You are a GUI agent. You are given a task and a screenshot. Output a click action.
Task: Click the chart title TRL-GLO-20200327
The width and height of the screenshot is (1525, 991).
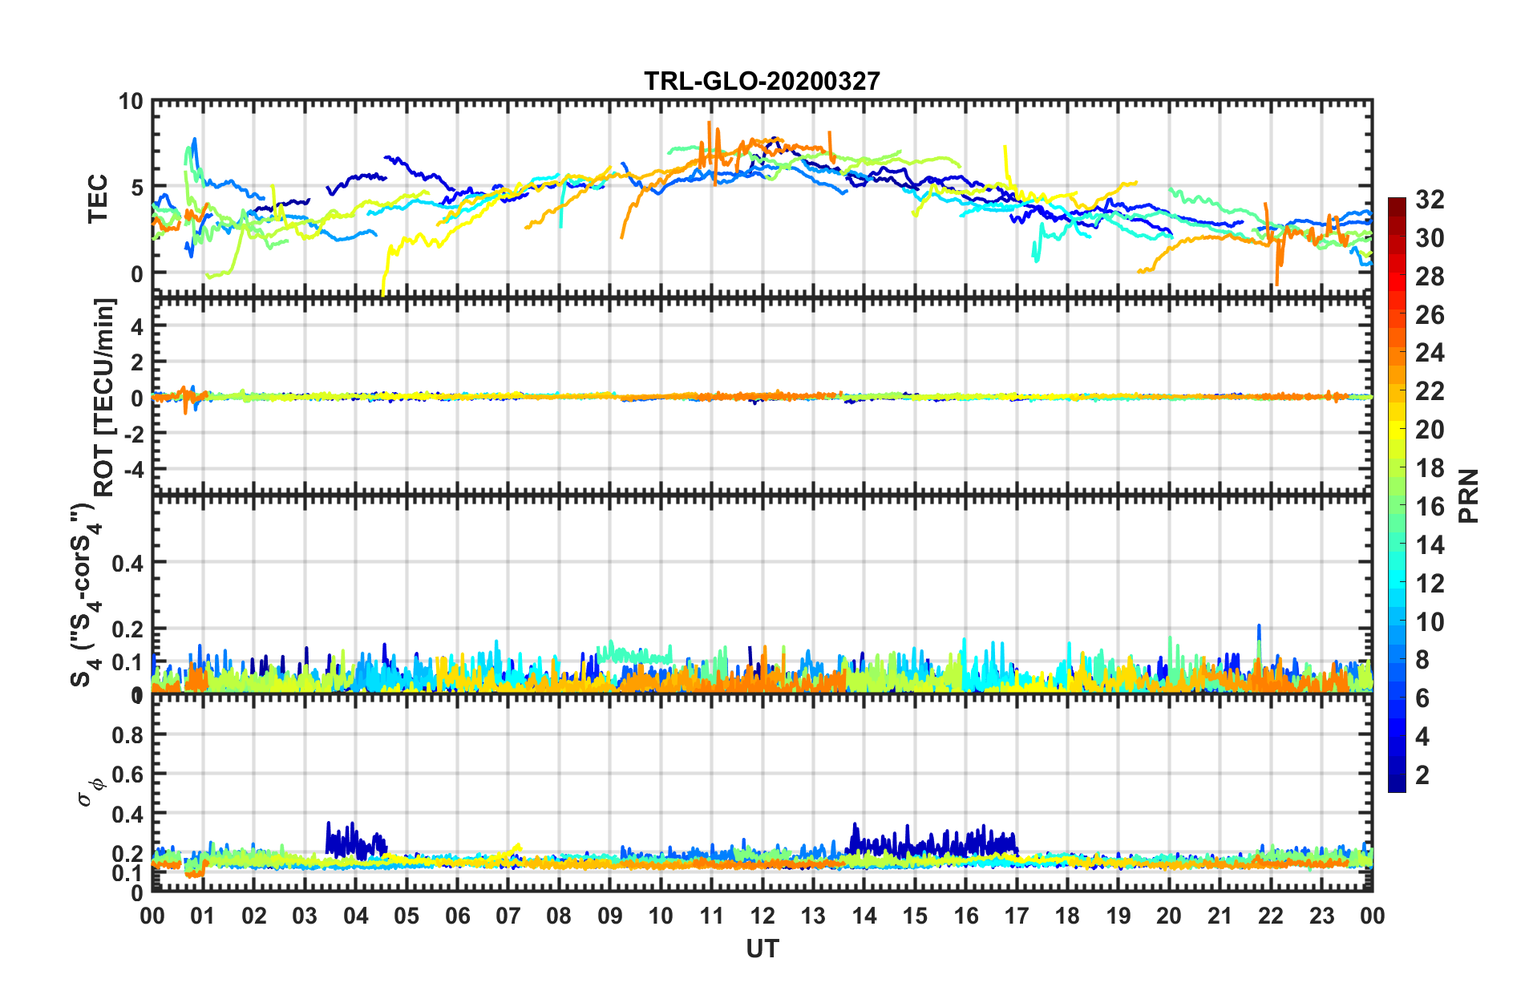(x=762, y=81)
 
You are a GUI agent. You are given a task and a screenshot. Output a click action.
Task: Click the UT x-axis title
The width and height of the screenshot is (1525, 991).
(x=762, y=949)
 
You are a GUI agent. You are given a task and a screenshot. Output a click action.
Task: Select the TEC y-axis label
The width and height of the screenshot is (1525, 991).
(x=98, y=199)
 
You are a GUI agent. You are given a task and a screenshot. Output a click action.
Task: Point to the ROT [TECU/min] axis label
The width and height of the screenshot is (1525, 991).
(x=105, y=397)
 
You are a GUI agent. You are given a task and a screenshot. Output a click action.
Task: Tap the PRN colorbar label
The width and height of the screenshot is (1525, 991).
(x=1469, y=496)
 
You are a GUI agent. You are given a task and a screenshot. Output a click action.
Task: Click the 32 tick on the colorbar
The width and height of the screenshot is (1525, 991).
(x=1430, y=200)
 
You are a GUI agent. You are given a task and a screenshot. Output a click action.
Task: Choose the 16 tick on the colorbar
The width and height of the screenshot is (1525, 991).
(x=1430, y=507)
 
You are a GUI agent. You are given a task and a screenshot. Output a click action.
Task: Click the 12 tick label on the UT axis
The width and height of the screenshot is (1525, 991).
(x=762, y=916)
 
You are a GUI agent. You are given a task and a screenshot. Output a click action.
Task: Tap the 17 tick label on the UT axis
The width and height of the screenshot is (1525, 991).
(x=1017, y=916)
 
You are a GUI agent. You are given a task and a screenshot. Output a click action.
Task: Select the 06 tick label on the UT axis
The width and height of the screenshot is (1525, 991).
(x=457, y=916)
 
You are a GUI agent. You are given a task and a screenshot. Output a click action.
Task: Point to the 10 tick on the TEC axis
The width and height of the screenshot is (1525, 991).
(x=131, y=102)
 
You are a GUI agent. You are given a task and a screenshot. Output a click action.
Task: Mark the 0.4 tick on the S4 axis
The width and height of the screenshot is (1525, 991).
(x=127, y=563)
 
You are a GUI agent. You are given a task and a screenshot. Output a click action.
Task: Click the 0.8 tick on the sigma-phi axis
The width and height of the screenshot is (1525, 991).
(x=127, y=735)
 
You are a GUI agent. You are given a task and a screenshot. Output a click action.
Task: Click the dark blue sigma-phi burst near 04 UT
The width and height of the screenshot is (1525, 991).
(x=353, y=841)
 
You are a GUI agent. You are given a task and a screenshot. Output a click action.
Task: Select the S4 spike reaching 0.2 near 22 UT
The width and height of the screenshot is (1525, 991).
(x=1259, y=627)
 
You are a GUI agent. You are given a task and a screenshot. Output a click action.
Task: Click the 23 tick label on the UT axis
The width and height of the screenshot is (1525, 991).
(x=1321, y=916)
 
